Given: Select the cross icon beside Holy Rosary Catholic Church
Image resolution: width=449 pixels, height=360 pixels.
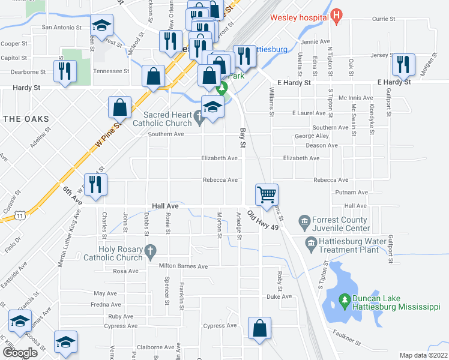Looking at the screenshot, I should point(151,250).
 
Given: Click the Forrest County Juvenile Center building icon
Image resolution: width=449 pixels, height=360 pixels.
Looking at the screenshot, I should point(304,223).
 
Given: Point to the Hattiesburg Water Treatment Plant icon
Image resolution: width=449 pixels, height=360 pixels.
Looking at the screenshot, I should point(311,242).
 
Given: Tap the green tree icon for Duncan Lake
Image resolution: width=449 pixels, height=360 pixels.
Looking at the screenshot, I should point(344,298).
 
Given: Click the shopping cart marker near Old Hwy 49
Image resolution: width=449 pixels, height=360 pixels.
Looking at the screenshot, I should point(267,193).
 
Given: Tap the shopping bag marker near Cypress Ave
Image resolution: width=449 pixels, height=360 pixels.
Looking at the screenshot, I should point(259,328).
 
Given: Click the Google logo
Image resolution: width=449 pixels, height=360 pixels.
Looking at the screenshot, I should point(20,353).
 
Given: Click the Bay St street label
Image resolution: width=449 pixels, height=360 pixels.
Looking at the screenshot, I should point(243,138).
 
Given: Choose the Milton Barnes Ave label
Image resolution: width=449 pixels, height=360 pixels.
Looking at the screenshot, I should point(183,266).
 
